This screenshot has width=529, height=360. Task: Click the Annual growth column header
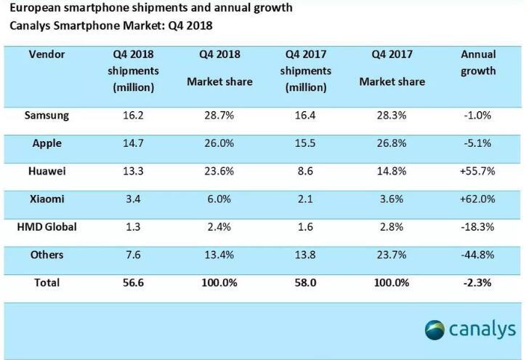[478, 63]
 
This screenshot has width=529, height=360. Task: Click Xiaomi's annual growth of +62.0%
[478, 199]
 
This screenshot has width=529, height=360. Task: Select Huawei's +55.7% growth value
[478, 170]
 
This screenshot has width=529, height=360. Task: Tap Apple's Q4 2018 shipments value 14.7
[134, 143]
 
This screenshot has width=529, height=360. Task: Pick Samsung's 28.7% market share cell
[219, 114]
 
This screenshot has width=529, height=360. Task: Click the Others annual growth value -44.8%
[478, 255]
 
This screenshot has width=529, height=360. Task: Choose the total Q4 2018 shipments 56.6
[134, 282]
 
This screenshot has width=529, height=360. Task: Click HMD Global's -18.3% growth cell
[478, 227]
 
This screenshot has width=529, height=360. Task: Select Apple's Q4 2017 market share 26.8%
[392, 143]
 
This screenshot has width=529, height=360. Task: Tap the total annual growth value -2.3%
[478, 282]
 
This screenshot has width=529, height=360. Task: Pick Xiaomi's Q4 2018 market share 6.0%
[219, 199]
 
